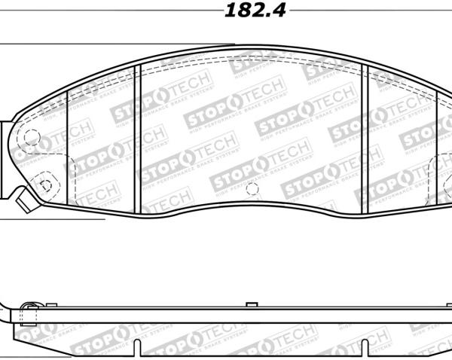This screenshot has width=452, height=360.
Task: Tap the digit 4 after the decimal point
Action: coord(279,11)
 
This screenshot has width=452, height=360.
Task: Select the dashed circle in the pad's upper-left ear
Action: coord(32,137)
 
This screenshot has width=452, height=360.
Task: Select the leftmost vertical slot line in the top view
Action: coord(68,147)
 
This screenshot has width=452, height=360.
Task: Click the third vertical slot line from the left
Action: coord(365,139)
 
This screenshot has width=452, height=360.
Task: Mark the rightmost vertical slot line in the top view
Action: coord(437,151)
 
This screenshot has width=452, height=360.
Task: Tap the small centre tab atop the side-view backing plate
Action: coord(252,304)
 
